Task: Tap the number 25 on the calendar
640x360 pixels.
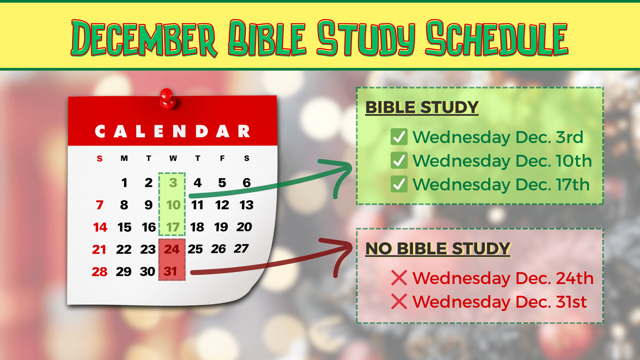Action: (x=195, y=249)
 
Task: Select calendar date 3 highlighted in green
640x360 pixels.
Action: (x=173, y=183)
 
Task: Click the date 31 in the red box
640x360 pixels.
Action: (x=170, y=271)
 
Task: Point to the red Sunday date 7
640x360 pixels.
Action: (x=99, y=205)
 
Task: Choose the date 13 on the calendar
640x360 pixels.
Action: (x=246, y=205)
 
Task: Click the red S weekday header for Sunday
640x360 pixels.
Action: (x=99, y=158)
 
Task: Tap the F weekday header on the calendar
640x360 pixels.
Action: (x=222, y=158)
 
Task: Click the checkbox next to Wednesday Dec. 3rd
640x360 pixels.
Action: (x=399, y=137)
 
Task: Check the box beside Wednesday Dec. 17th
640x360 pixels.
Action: (x=399, y=184)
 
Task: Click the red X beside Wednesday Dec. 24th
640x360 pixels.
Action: (x=399, y=278)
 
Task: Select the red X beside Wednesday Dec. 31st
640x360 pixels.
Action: (x=399, y=301)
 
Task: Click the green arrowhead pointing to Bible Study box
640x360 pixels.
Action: (x=342, y=173)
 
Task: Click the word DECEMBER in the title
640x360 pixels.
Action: (x=144, y=38)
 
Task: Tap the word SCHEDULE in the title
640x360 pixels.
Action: (x=497, y=38)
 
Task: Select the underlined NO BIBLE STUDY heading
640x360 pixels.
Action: (x=438, y=249)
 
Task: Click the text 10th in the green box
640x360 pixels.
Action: (x=574, y=161)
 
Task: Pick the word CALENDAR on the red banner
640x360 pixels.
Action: (x=172, y=131)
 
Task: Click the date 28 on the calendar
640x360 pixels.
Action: (x=100, y=272)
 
